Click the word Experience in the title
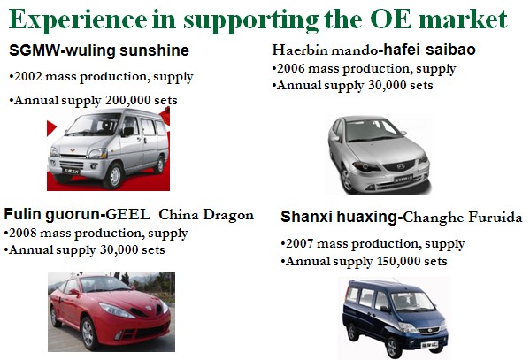(x=78, y=20)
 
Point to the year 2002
(x=28, y=76)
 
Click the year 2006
(x=291, y=69)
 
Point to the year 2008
(x=23, y=234)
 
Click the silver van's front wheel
(x=114, y=176)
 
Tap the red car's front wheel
(x=88, y=333)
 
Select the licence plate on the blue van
(x=429, y=345)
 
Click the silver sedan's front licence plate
(x=403, y=178)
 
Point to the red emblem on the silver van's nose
(x=73, y=149)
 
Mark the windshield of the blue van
(x=411, y=302)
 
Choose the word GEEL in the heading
(x=127, y=215)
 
